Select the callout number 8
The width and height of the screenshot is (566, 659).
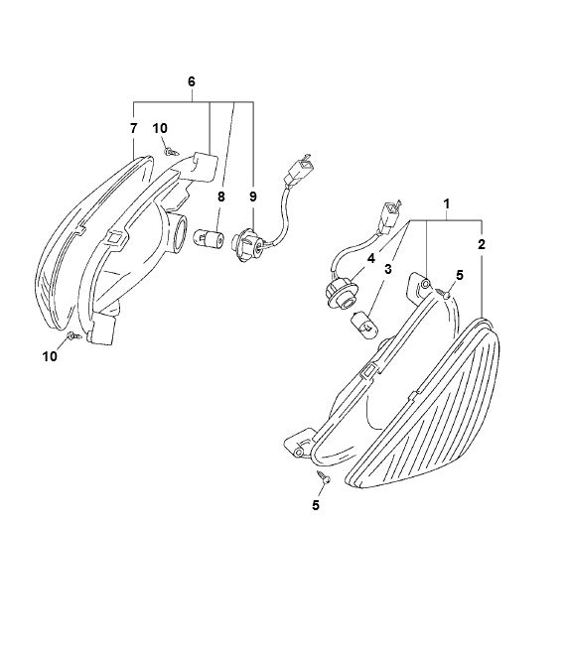pos(220,197)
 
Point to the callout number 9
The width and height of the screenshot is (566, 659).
pos(253,197)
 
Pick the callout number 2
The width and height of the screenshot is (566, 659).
pos(482,243)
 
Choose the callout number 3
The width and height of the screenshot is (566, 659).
pos(388,268)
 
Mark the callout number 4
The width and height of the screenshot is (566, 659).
pos(369,259)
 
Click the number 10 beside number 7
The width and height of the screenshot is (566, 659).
pos(160,128)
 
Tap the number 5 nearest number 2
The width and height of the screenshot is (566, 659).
pos(459,275)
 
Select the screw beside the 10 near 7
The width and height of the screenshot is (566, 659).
pos(171,150)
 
